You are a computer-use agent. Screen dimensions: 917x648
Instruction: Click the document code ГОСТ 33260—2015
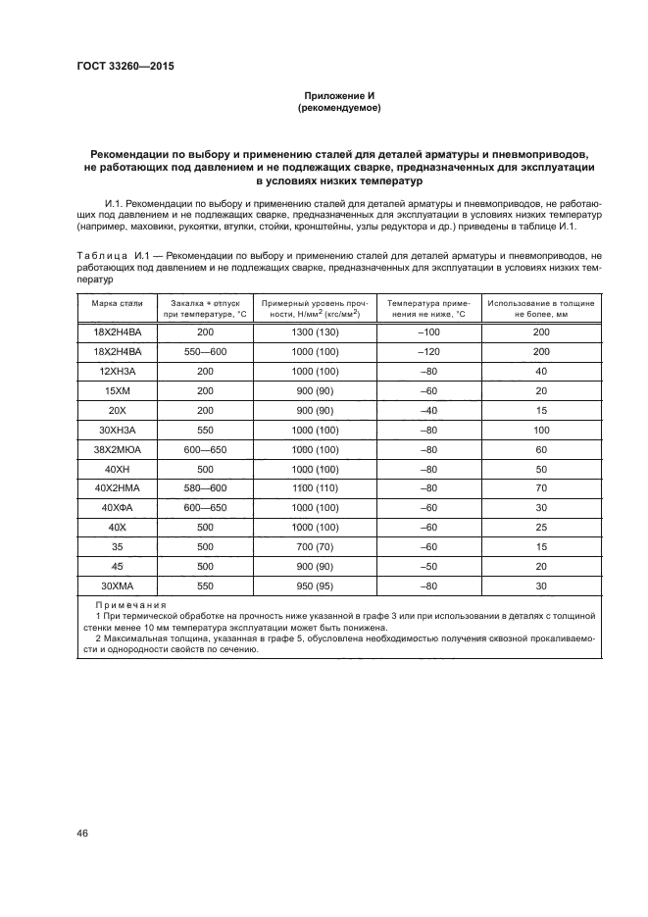coord(118,68)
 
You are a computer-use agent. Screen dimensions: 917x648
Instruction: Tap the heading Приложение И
coord(338,96)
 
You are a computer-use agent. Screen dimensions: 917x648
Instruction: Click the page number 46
coord(82,833)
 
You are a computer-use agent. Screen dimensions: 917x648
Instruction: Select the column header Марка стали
coord(118,304)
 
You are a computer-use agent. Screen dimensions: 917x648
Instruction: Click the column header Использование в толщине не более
coord(540,309)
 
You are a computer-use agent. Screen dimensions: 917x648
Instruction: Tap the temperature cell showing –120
coord(427,351)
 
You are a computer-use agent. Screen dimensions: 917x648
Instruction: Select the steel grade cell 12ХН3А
coord(118,371)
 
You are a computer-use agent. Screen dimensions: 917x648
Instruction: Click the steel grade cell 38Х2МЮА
coord(118,449)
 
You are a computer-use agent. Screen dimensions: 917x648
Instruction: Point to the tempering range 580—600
coord(205,488)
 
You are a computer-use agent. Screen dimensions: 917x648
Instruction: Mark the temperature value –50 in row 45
coord(427,566)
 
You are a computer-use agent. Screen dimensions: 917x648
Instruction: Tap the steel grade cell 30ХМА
coord(118,586)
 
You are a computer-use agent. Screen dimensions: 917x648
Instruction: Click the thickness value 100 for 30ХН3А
coord(540,430)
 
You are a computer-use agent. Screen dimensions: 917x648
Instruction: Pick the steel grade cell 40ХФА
coord(118,507)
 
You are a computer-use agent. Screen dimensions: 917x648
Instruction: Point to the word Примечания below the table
coord(130,605)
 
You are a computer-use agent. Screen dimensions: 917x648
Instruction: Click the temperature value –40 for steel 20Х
coord(427,410)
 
